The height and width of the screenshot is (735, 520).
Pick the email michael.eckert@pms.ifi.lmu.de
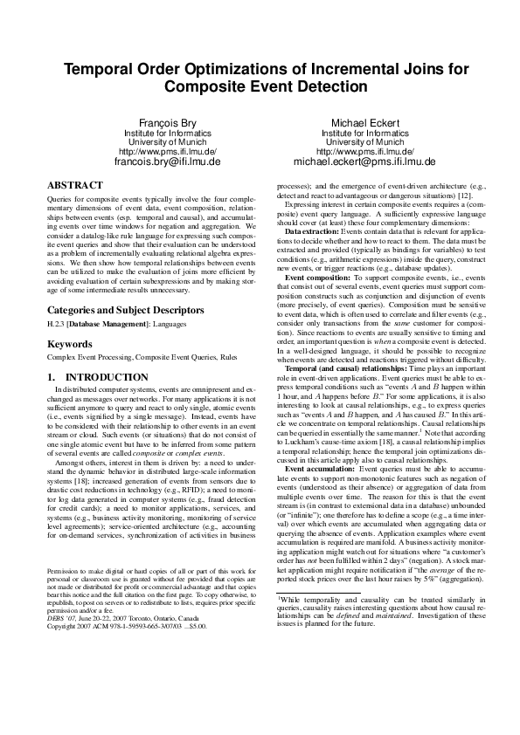(x=364, y=161)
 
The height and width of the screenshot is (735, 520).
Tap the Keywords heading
(x=69, y=345)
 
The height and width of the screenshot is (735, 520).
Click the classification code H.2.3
(x=56, y=325)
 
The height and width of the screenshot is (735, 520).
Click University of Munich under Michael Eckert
(x=364, y=141)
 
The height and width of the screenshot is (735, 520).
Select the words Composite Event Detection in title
(x=260, y=87)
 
